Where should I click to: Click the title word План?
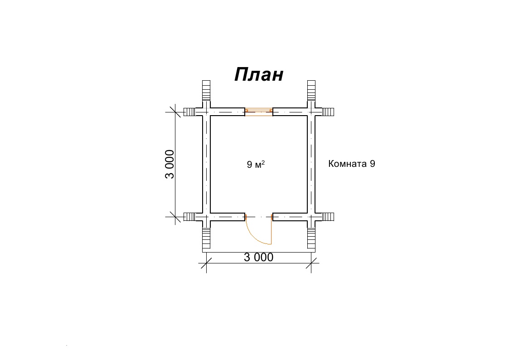pos(259,75)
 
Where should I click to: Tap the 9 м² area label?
pos(256,164)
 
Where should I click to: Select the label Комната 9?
pos(352,164)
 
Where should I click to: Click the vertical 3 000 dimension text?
pos(170,164)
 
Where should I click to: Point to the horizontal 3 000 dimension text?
pos(258,258)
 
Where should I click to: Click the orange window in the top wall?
pos(259,112)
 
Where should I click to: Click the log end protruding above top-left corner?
pos(206,91)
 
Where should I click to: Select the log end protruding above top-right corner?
pos(311,91)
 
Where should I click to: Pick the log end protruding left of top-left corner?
pos(189,112)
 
